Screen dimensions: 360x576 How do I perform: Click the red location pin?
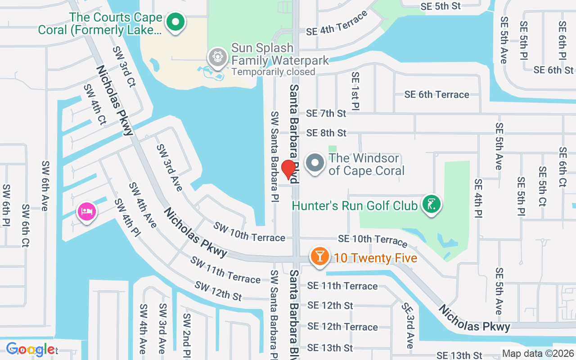tap(288, 170)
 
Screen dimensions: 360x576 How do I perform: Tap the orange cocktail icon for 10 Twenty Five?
tap(319, 256)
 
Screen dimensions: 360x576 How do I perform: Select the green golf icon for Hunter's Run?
tap(432, 205)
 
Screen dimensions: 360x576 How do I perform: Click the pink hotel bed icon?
tap(86, 211)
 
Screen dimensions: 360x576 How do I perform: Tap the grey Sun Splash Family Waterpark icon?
tap(218, 57)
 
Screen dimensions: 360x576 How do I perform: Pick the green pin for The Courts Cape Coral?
tap(175, 22)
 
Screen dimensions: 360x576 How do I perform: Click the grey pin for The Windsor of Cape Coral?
tap(315, 163)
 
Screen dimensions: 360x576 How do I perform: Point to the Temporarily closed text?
tap(273, 72)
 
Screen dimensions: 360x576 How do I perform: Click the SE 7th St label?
tap(326, 113)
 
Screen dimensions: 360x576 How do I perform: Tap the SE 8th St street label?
tap(326, 133)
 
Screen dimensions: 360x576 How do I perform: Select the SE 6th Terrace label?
tap(436, 94)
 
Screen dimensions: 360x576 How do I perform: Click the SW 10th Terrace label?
tap(249, 232)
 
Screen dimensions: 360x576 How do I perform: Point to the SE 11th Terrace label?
tap(342, 286)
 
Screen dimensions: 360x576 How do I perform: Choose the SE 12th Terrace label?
tap(342, 327)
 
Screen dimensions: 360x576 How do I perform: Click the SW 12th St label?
tap(218, 291)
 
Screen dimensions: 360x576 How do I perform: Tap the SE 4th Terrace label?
tap(337, 25)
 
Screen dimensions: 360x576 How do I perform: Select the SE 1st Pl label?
tap(355, 91)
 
